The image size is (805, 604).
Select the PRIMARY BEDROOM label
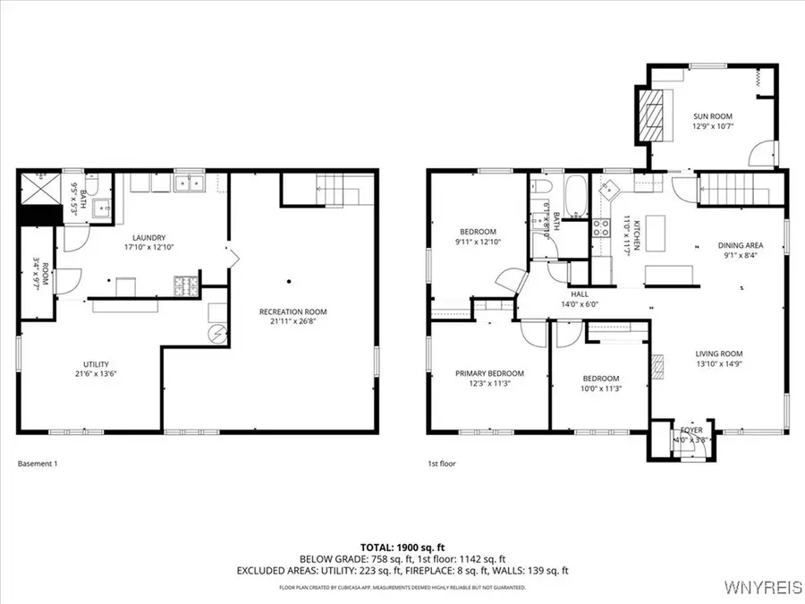point(489,373)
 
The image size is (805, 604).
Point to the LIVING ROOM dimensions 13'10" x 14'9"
point(719,363)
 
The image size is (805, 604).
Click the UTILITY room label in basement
point(96,364)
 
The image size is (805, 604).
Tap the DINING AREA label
point(740,245)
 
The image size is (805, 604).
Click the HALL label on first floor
point(580,293)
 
